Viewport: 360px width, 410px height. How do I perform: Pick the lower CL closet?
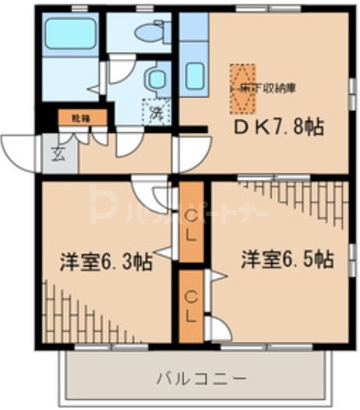190,304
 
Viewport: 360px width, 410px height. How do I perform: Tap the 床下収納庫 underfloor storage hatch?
243,88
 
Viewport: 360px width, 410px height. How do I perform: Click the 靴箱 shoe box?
81,118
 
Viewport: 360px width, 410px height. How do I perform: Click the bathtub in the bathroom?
70,34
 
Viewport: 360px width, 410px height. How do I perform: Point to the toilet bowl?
148,31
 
